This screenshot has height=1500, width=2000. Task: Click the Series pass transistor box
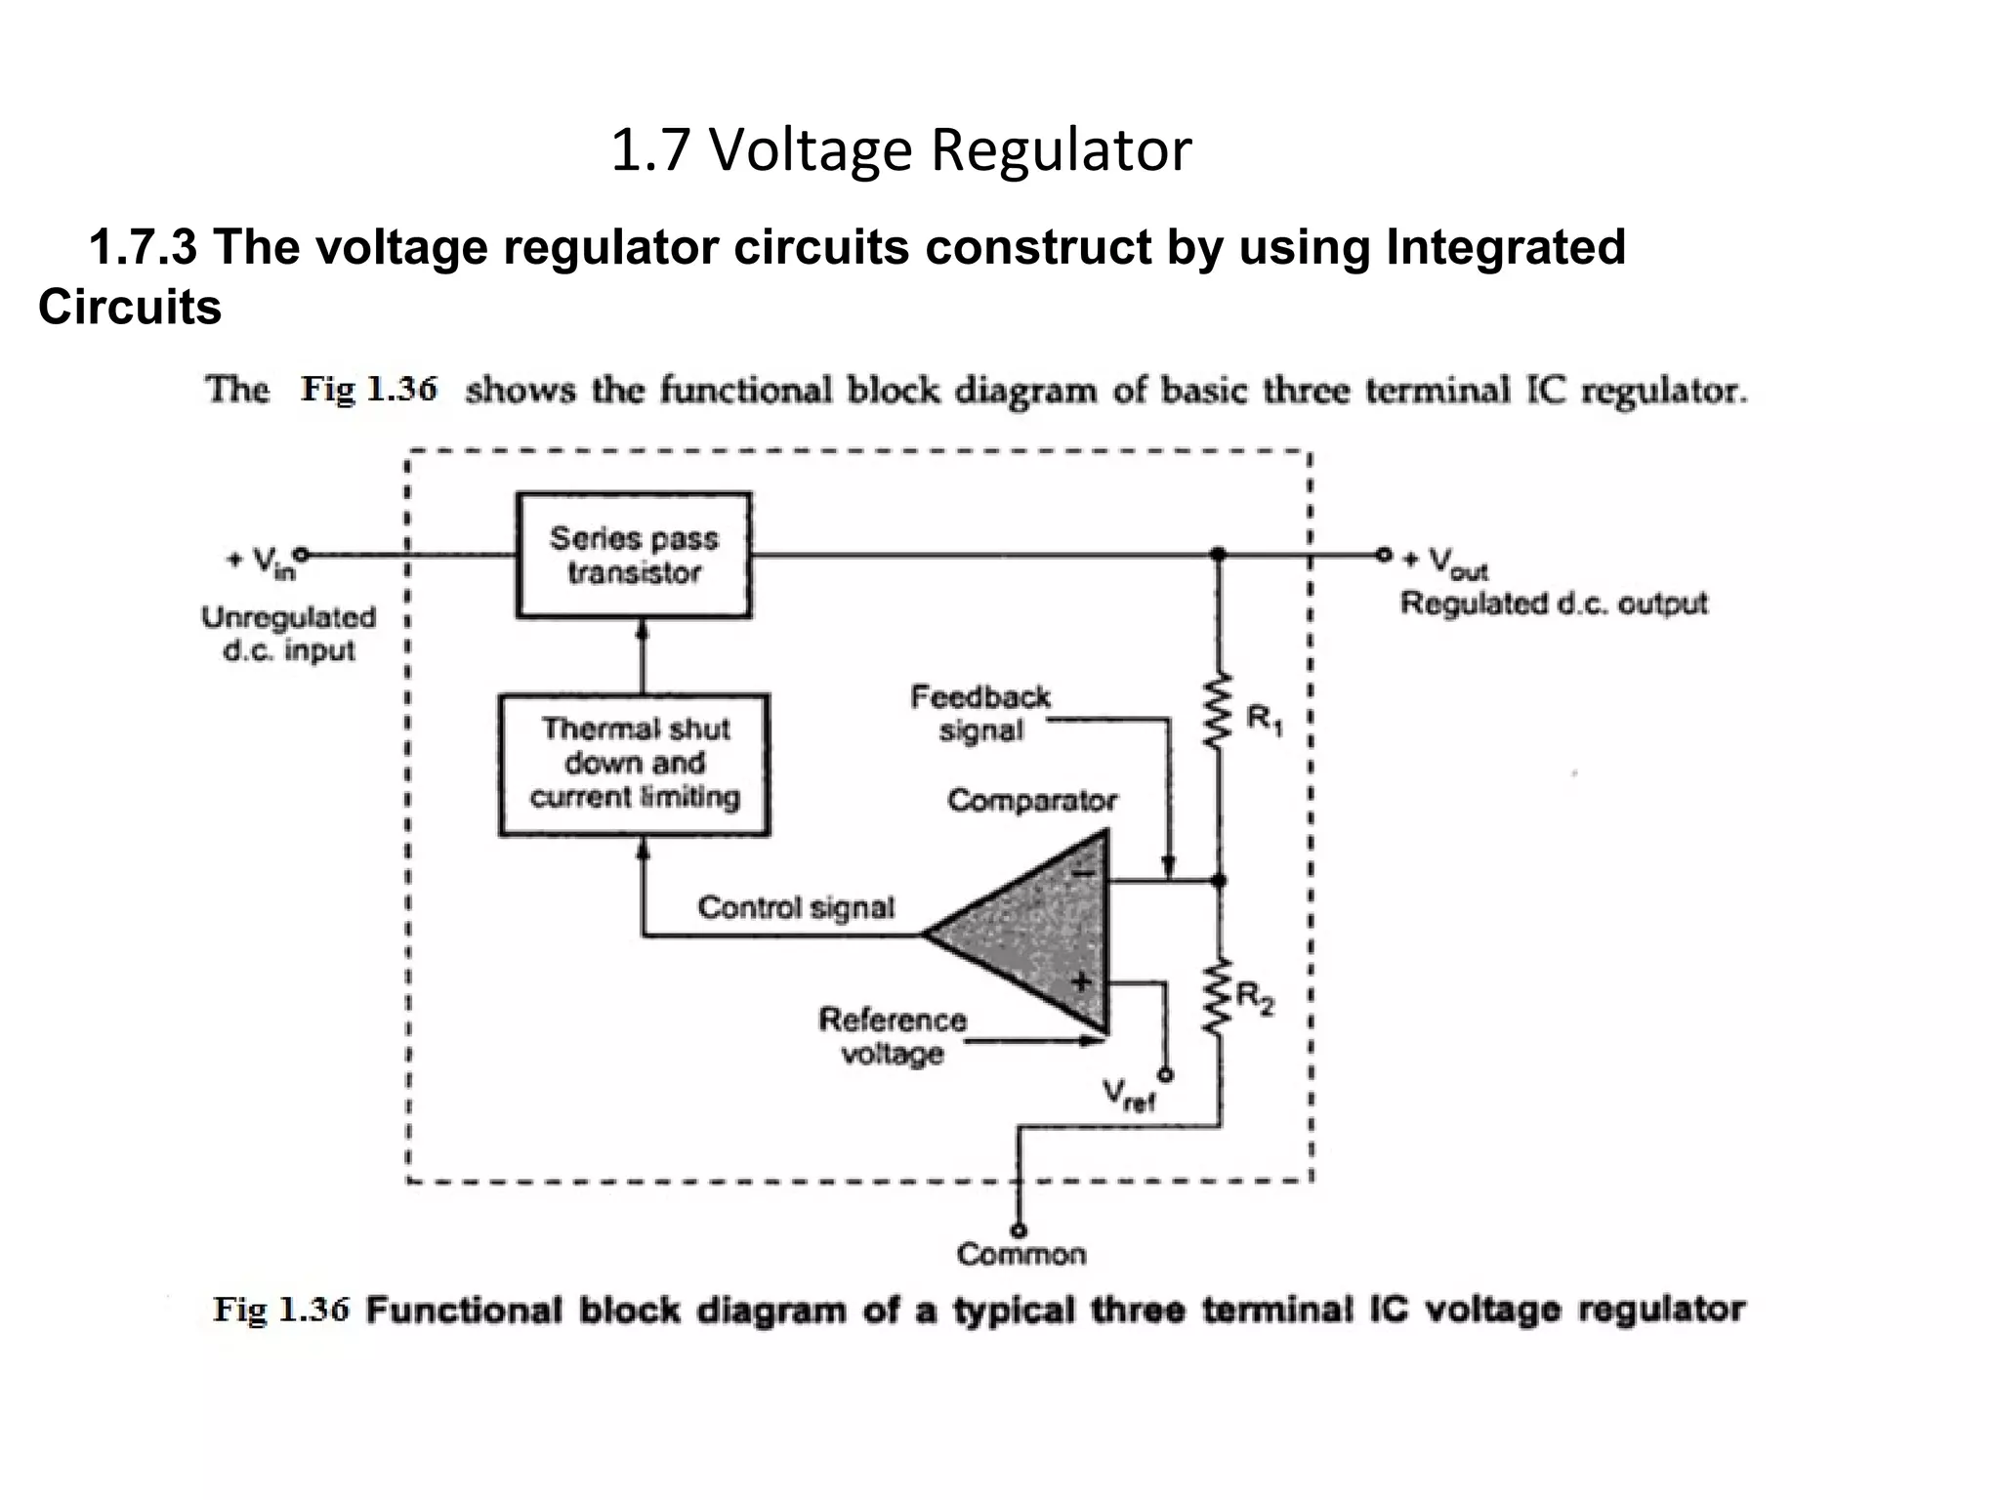point(634,555)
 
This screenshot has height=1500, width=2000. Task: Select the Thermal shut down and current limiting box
point(635,765)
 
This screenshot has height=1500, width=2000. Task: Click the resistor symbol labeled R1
point(1216,714)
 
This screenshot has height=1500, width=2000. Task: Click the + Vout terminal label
point(1445,563)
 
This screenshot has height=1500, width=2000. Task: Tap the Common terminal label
point(1021,1254)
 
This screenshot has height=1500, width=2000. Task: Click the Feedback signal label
point(980,714)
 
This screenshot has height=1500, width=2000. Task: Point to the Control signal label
point(796,908)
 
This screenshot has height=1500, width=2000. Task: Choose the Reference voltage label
point(892,1036)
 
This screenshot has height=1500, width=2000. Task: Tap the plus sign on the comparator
point(1081,981)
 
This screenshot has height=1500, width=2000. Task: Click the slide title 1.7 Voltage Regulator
point(900,151)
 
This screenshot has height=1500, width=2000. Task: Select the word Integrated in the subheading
point(1505,246)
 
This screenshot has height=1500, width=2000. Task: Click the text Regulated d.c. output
point(1554,604)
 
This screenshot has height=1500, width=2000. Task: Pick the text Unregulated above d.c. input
point(289,617)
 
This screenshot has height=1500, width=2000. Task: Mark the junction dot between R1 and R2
point(1218,881)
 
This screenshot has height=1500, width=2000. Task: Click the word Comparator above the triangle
point(1032,801)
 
